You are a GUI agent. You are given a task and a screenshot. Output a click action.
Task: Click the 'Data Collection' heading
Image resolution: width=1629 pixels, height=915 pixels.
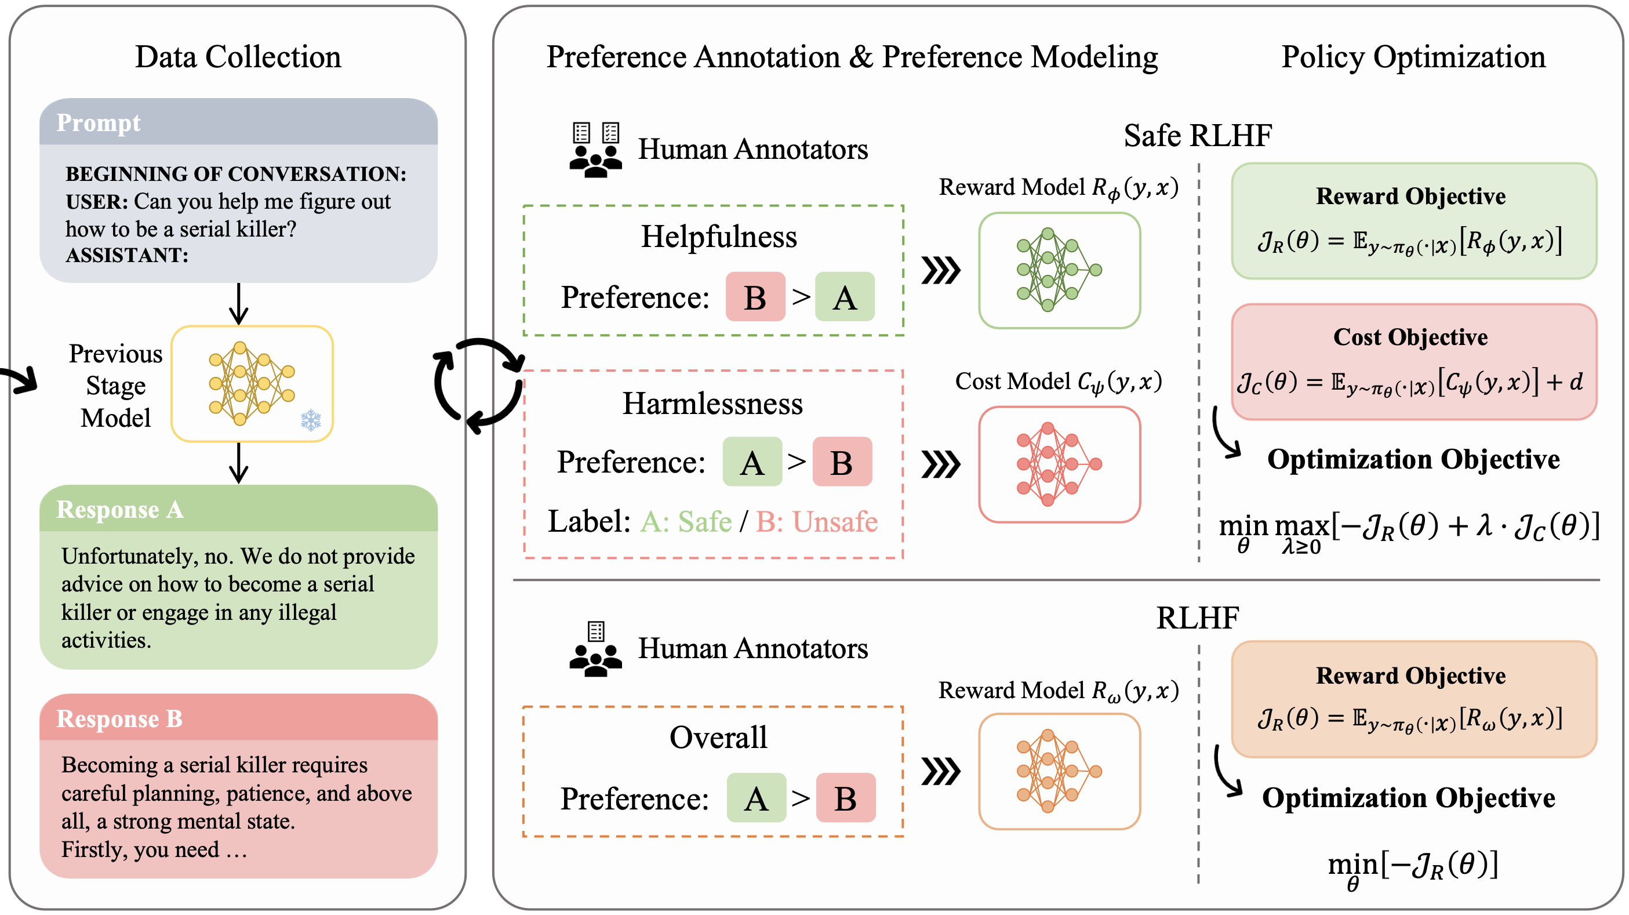click(238, 57)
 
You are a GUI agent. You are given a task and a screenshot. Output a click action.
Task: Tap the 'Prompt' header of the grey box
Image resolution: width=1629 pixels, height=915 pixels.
click(99, 123)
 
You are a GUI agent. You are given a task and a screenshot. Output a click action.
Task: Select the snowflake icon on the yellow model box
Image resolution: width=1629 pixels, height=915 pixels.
click(311, 420)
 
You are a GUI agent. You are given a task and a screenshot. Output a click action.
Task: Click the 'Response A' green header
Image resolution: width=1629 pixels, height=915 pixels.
click(119, 510)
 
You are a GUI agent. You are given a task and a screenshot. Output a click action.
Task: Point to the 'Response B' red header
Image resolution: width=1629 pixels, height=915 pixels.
click(119, 719)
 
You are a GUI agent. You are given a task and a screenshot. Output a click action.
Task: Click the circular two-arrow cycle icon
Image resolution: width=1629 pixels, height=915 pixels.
click(479, 386)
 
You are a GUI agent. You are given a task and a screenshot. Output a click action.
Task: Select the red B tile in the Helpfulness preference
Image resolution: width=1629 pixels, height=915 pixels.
click(755, 297)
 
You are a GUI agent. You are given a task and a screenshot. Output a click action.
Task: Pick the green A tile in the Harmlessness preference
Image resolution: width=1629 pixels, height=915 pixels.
click(752, 462)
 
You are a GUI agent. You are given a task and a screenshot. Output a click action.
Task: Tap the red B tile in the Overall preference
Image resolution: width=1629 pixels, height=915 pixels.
click(845, 798)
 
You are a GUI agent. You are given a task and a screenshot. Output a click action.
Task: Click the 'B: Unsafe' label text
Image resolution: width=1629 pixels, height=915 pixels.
click(816, 522)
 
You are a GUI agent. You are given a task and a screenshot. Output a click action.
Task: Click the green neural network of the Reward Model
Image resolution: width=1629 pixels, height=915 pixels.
click(1059, 270)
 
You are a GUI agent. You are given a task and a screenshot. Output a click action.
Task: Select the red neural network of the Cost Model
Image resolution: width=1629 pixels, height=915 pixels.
click(1059, 464)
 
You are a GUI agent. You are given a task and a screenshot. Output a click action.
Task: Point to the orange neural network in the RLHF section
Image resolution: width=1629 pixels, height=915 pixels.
click(1059, 771)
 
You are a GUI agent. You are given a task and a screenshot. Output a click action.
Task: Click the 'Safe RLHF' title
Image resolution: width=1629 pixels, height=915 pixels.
click(1198, 135)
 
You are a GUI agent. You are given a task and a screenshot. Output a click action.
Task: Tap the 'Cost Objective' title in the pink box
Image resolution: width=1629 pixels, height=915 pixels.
click(1410, 337)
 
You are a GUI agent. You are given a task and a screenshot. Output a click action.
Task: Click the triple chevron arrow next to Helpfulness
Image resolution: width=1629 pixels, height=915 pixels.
click(940, 271)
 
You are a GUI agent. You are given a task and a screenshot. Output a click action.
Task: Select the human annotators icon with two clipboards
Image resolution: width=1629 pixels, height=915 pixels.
click(595, 150)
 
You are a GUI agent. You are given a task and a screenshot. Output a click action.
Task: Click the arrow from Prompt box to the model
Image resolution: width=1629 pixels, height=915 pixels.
click(238, 303)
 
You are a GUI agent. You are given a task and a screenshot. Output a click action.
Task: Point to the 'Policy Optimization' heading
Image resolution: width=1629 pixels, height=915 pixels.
click(1413, 57)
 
